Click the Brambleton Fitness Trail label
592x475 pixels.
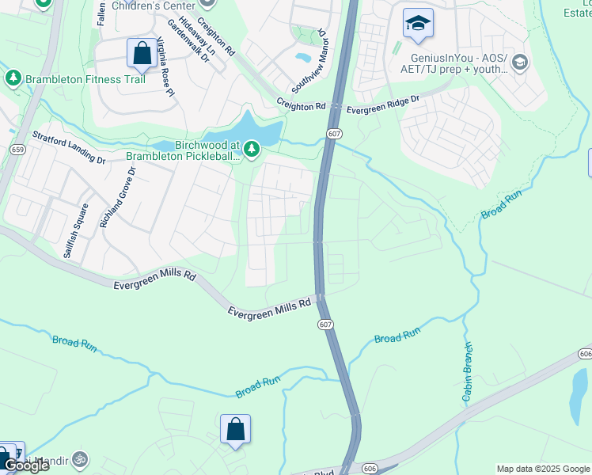[85, 79]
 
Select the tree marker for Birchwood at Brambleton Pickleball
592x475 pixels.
[252, 148]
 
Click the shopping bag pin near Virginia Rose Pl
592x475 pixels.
[142, 53]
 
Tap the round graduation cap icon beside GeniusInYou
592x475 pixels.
[520, 63]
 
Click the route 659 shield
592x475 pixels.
[18, 150]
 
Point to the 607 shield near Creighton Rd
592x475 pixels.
[334, 135]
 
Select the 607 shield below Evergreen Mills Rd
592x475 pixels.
[325, 325]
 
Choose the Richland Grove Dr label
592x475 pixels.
[116, 197]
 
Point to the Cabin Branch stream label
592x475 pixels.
[467, 371]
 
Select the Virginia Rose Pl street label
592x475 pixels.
[165, 67]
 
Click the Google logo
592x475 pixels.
[25, 465]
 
